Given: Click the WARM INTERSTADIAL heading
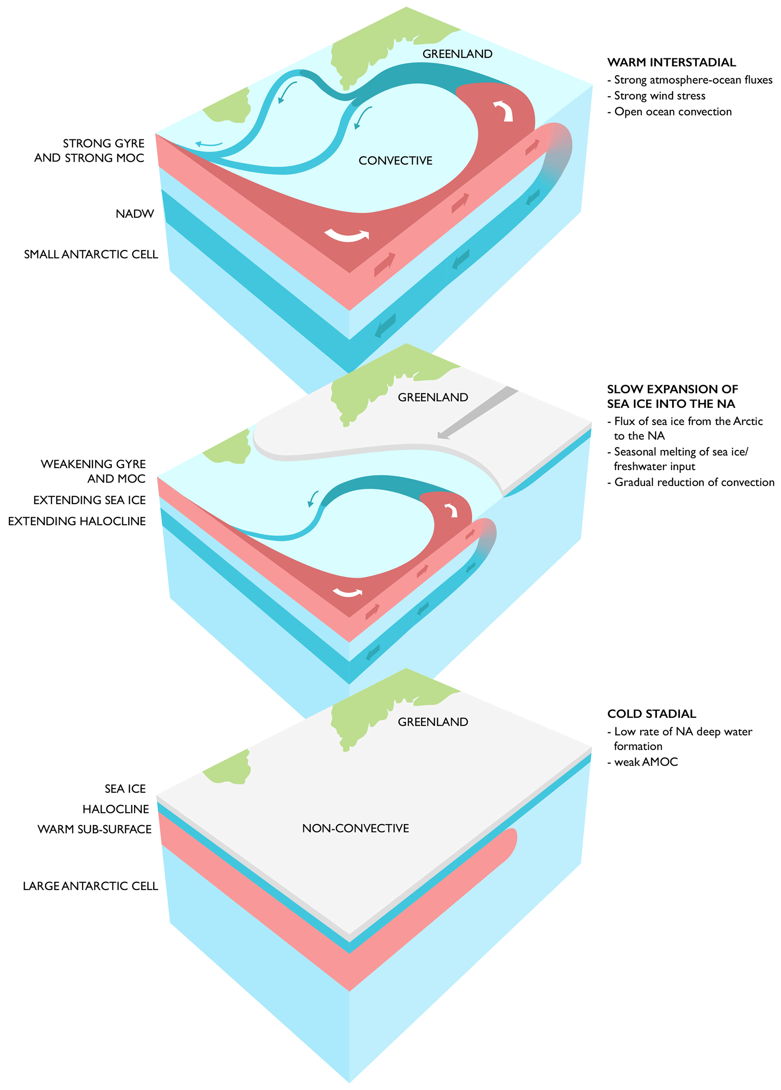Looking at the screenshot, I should [671, 62].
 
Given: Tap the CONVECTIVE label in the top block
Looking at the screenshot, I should [395, 161].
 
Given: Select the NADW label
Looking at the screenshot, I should [135, 214].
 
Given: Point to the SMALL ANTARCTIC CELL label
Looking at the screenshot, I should [91, 254].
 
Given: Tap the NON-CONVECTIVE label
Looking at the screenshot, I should [355, 828].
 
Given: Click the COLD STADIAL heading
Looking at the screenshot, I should [651, 714].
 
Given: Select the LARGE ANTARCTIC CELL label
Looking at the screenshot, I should [90, 886].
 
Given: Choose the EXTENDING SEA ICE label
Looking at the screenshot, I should [90, 500].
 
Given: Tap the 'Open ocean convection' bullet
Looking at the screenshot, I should [673, 111].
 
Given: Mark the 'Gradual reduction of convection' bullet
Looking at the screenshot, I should [694, 482].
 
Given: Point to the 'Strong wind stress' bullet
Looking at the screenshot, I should [659, 96].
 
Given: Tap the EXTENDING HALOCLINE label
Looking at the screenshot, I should [77, 521].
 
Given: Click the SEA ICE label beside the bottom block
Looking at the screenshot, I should [125, 789].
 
